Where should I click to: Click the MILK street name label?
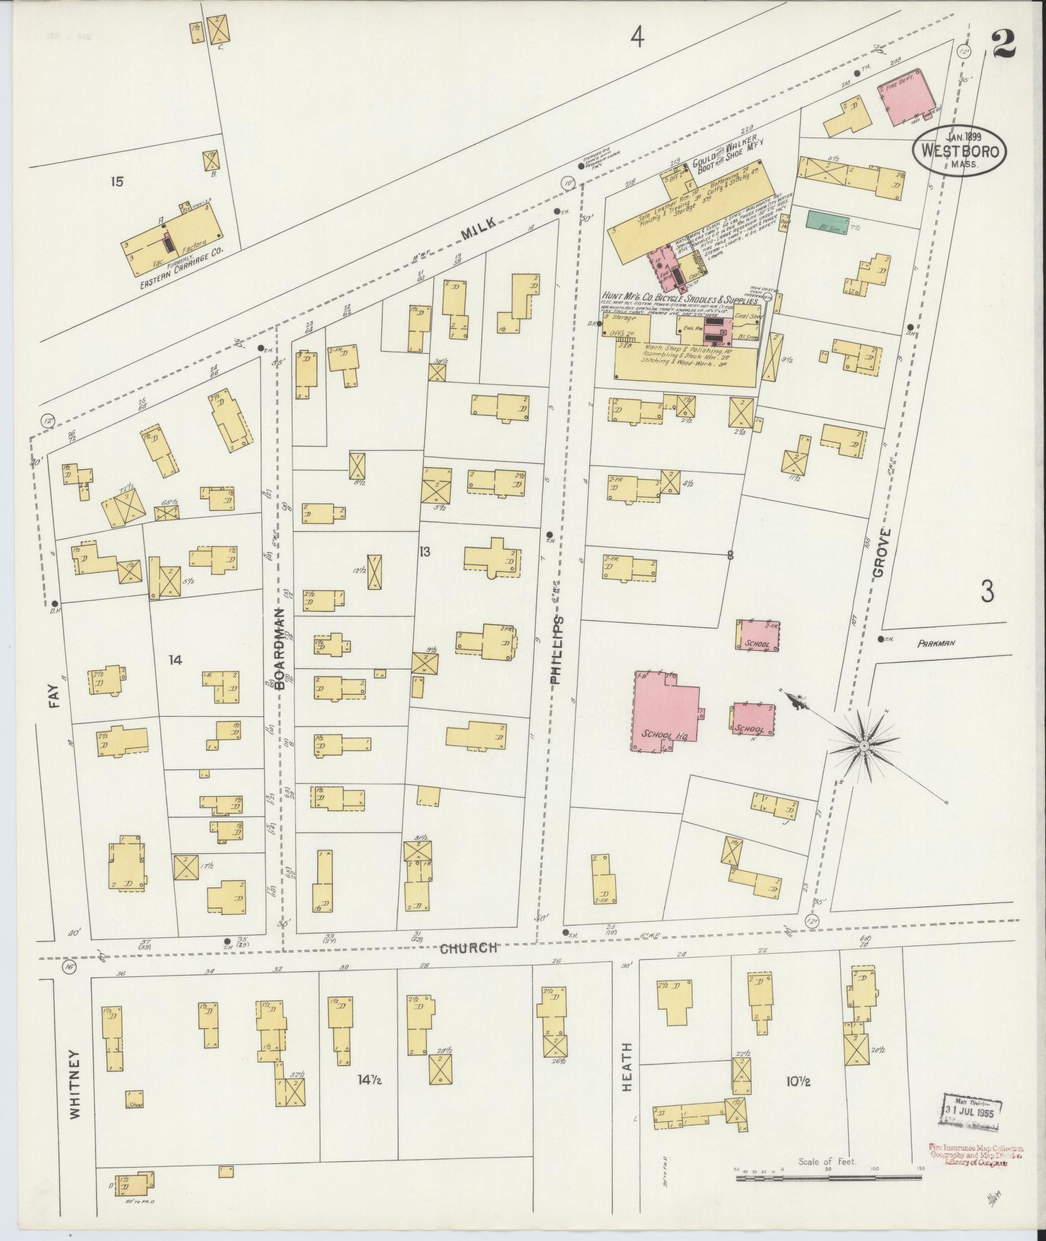click(481, 224)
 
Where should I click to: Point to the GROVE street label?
click(879, 553)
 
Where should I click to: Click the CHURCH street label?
click(468, 948)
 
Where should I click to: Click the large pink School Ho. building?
click(665, 711)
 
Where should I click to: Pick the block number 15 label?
click(116, 182)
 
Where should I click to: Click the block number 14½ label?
click(369, 1080)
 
